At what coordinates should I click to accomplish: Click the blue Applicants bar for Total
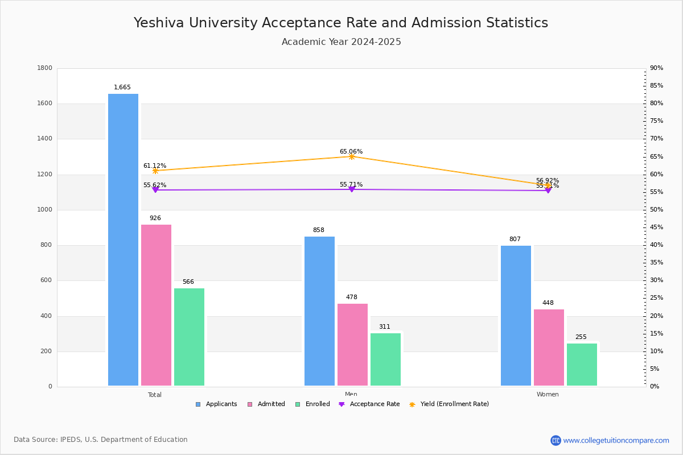coord(123,239)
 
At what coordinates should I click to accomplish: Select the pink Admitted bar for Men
coord(352,345)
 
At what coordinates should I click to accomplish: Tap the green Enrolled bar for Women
coord(582,365)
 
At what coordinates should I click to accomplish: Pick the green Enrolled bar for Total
coord(189,337)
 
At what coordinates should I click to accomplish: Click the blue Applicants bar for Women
coord(516,316)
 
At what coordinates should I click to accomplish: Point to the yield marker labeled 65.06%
coord(351,156)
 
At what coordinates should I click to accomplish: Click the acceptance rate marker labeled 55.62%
coord(155,190)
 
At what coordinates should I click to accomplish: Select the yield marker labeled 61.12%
coord(155,171)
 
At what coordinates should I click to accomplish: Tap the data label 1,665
coord(122,88)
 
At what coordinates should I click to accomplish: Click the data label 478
coord(352,297)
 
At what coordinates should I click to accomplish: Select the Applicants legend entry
coord(216,404)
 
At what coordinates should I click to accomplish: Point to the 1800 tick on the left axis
coord(44,68)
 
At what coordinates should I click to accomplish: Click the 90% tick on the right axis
coord(656,68)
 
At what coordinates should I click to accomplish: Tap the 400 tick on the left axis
coord(46,316)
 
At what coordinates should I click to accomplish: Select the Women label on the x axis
coord(548,395)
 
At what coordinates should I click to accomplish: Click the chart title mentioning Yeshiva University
coord(341,23)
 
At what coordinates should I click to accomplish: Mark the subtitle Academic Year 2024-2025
coord(341,42)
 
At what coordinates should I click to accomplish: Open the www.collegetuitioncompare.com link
coord(616,440)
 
